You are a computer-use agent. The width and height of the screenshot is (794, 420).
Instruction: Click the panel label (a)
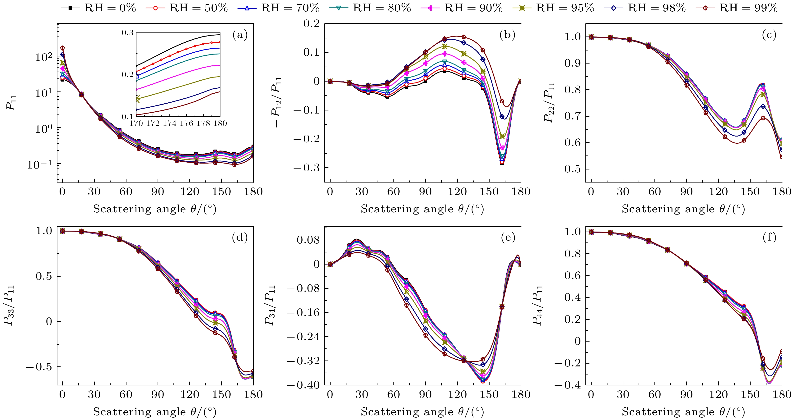240,35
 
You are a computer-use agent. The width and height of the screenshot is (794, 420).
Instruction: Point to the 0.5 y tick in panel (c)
573,169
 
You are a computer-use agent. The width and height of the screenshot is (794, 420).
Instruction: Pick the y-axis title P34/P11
270,306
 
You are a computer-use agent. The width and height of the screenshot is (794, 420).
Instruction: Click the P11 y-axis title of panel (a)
11,103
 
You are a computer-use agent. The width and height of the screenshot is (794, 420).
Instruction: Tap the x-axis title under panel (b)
422,209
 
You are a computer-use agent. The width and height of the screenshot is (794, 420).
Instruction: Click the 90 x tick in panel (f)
687,395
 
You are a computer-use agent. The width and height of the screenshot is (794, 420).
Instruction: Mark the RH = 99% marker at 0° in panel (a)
63,48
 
